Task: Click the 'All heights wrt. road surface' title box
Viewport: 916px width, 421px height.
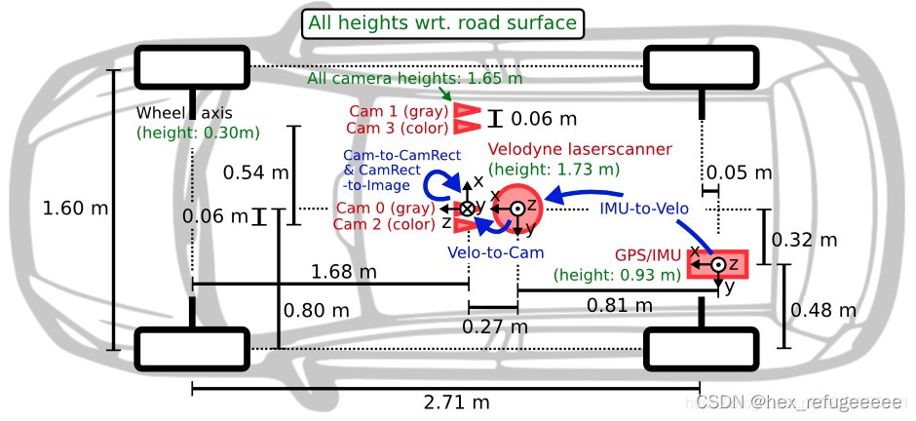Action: (x=442, y=23)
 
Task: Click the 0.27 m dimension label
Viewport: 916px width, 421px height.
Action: (x=495, y=325)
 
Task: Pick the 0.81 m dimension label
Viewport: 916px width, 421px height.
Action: (x=620, y=304)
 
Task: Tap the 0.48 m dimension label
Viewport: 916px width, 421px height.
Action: (x=823, y=310)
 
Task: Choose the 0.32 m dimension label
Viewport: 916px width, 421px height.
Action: (x=805, y=240)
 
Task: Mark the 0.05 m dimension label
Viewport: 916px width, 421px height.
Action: (x=739, y=172)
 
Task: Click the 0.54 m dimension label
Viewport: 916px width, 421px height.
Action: (x=256, y=172)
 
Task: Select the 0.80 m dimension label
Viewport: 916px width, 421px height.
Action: (x=316, y=310)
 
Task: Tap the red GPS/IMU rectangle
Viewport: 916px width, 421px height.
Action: (x=717, y=265)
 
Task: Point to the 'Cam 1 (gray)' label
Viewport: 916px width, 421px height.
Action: (x=399, y=111)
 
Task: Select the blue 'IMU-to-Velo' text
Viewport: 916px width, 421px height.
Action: (x=644, y=209)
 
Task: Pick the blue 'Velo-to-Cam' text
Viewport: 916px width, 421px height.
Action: (x=495, y=252)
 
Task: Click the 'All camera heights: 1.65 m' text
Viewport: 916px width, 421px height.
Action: (x=415, y=78)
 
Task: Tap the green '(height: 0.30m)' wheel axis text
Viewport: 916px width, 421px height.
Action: (x=198, y=134)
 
